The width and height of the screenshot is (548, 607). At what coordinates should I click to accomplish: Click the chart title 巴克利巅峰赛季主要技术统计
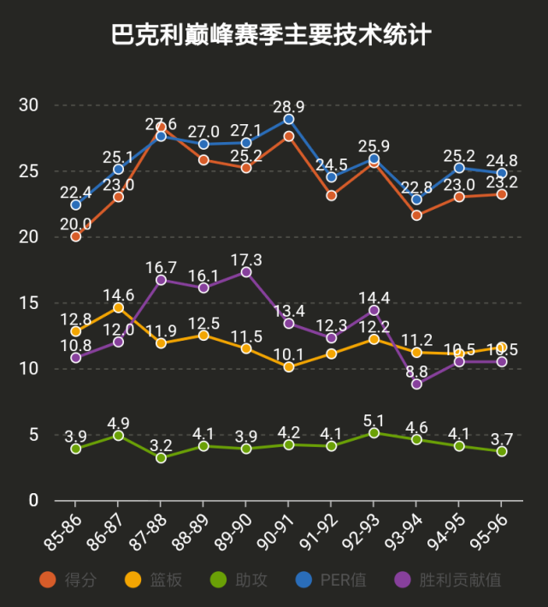tap(272, 35)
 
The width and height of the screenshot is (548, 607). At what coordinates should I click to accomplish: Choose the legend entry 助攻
tap(250, 580)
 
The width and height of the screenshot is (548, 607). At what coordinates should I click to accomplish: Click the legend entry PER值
tap(343, 580)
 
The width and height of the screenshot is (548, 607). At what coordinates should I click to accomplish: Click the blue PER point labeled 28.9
tap(289, 119)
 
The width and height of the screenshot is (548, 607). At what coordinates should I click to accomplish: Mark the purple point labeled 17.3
tap(246, 272)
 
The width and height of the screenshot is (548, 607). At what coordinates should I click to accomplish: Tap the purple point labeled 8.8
tap(416, 384)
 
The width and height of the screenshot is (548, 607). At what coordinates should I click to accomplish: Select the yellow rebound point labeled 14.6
tap(118, 307)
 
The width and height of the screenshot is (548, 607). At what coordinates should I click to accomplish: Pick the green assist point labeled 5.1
tap(374, 432)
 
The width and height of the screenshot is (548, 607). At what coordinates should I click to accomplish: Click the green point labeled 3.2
tap(161, 458)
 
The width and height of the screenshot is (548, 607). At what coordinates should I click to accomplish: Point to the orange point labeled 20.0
tap(75, 236)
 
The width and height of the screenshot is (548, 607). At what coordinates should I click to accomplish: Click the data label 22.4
tap(75, 191)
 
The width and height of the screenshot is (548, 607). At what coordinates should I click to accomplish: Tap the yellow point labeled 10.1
tap(289, 366)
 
